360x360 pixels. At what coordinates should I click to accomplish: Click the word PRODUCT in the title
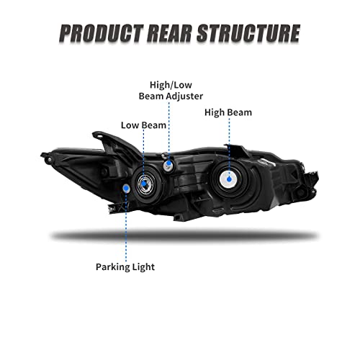tap(102, 33)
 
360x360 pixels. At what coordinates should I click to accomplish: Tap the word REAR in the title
tap(170, 33)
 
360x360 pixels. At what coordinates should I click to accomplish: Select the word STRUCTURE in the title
tap(248, 33)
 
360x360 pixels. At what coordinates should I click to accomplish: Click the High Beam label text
tap(228, 112)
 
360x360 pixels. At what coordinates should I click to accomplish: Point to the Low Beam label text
tap(143, 125)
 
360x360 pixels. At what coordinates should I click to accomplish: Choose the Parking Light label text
tap(125, 267)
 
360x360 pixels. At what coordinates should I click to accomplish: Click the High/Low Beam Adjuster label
tap(171, 91)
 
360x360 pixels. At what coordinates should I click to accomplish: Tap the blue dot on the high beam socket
tap(229, 179)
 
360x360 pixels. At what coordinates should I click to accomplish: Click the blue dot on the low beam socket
tap(144, 184)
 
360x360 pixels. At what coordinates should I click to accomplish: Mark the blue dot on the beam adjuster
tap(168, 163)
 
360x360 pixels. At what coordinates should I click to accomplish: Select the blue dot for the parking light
tap(126, 188)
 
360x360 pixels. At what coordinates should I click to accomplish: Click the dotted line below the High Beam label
tap(229, 147)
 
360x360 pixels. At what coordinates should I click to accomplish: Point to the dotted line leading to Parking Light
tap(126, 226)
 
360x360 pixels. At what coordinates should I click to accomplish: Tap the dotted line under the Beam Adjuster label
tap(169, 132)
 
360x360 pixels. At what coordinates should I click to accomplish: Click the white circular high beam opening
tap(229, 179)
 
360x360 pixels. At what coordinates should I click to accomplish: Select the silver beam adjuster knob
tap(168, 165)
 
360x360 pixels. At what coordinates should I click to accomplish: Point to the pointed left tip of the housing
tap(42, 155)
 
